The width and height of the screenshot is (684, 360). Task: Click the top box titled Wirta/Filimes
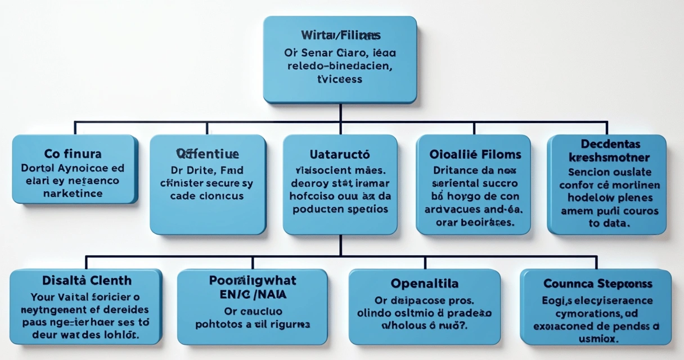click(x=340, y=59)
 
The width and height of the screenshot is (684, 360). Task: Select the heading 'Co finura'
click(x=73, y=154)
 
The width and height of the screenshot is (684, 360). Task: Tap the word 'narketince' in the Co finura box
click(x=73, y=193)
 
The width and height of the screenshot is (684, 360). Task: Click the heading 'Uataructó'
click(x=339, y=154)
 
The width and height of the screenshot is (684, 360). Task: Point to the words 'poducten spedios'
click(x=339, y=209)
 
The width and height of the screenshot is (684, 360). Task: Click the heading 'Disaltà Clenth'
click(x=87, y=280)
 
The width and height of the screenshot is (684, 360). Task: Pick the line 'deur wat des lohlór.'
click(x=87, y=336)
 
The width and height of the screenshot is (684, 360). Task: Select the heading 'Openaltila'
click(x=424, y=283)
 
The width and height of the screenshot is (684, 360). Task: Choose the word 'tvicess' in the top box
click(x=340, y=79)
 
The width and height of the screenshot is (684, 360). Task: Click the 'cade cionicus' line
click(x=207, y=196)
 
